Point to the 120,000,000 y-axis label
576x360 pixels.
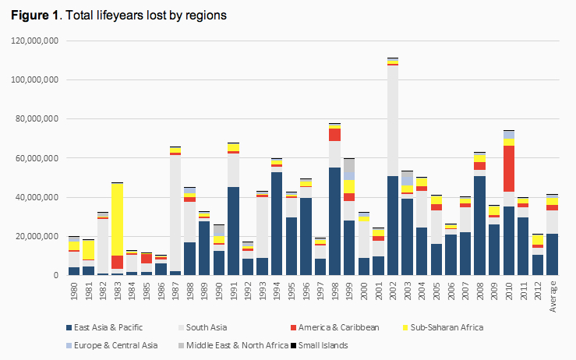pos(35,41)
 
